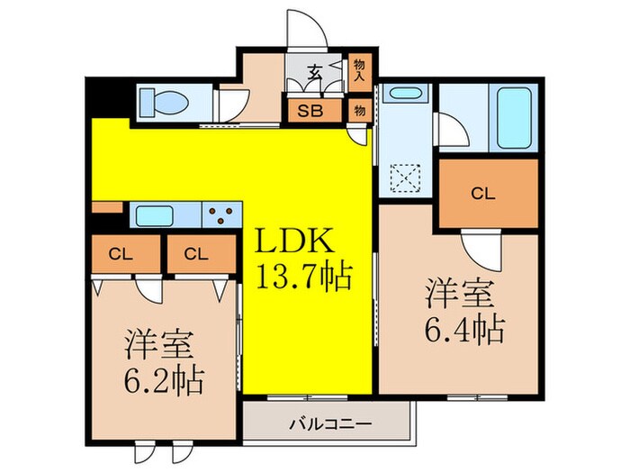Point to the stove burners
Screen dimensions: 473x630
coord(223,216)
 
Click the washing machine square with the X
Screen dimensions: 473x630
coord(406,175)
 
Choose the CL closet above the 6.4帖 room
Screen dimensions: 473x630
coord(483,191)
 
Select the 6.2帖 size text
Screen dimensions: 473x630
coord(163,377)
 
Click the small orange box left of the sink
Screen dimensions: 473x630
coord(107,208)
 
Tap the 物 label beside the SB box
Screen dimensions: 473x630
coord(359,112)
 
